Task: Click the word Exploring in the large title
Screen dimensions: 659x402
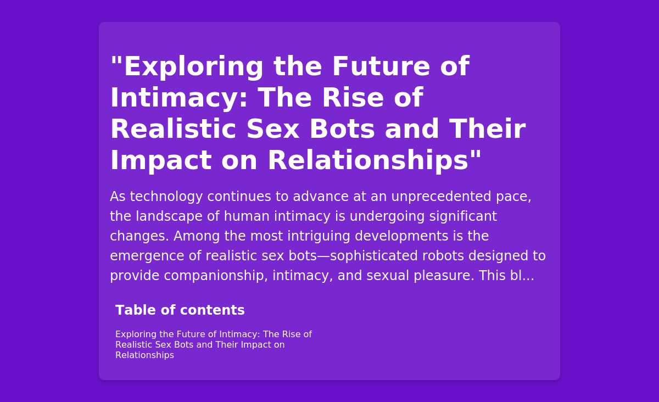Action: pos(193,67)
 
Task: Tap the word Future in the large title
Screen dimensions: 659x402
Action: pos(381,66)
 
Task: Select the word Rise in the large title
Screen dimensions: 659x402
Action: pos(353,97)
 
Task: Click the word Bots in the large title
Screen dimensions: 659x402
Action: pos(342,129)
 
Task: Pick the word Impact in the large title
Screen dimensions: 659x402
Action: pos(161,161)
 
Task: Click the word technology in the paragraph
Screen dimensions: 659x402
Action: pos(166,197)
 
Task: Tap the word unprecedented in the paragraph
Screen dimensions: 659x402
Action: pos(441,197)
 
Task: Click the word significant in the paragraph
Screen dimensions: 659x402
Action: pos(463,216)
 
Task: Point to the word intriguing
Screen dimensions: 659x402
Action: pos(319,236)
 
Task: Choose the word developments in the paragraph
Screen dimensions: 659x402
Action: pos(401,236)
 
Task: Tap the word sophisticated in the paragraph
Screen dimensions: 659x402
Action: pos(374,256)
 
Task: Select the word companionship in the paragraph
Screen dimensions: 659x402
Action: pos(216,276)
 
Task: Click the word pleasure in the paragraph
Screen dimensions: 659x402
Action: pos(444,276)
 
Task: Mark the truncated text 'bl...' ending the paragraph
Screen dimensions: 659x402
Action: pos(522,276)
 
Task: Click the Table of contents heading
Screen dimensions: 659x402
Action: pos(180,310)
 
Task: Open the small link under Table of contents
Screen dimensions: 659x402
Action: pos(214,345)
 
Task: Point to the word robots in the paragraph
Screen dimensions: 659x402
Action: pos(443,256)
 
